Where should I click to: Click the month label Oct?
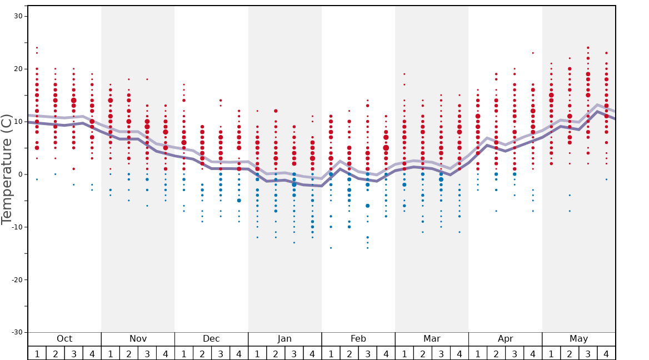point(64,339)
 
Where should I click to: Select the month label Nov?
point(138,339)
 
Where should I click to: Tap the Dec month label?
point(211,339)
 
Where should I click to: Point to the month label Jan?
point(284,339)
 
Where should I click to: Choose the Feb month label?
point(358,339)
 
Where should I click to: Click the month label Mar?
point(432,339)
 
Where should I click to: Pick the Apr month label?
point(505,339)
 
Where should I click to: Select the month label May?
point(578,339)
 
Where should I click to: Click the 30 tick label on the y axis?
point(18,16)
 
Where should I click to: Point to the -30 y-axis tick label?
point(16,332)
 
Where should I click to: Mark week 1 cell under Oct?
point(37,353)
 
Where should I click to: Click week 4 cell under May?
point(606,353)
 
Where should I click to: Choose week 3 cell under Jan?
point(294,353)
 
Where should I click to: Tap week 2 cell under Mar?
point(422,353)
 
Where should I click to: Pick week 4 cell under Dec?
point(239,353)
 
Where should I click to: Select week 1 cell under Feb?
point(331,353)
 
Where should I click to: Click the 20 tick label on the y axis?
point(18,69)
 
